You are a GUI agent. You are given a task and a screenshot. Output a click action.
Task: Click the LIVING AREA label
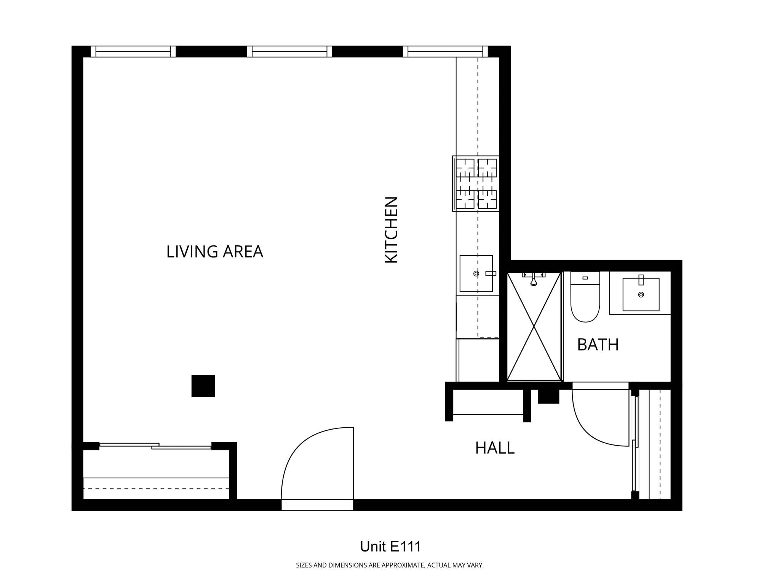(x=214, y=252)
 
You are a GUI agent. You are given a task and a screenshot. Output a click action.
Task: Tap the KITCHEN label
(x=392, y=230)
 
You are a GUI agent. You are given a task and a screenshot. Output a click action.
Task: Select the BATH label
(x=598, y=345)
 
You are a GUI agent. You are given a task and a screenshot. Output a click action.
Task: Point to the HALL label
(x=495, y=448)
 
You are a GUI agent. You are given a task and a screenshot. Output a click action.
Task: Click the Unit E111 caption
(x=390, y=547)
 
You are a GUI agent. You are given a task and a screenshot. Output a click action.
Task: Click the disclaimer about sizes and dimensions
(x=390, y=565)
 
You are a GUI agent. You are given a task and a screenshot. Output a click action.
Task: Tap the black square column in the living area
(x=203, y=386)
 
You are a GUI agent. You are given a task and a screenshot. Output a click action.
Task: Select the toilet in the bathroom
(x=585, y=297)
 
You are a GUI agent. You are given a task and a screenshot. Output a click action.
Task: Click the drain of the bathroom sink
(x=641, y=294)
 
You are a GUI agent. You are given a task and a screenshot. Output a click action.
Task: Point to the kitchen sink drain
(x=476, y=273)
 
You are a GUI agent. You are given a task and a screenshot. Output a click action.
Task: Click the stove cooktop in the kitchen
(x=476, y=184)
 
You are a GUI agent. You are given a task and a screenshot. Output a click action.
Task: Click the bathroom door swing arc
(x=587, y=430)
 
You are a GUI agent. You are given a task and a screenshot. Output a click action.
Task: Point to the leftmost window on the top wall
(x=133, y=51)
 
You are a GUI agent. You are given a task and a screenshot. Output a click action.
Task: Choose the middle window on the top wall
(x=289, y=51)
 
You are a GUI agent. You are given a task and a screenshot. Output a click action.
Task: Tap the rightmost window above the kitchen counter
(x=445, y=51)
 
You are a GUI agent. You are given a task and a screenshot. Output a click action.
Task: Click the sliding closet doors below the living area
(x=155, y=446)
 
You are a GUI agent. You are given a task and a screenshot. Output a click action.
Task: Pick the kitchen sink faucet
(x=491, y=273)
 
